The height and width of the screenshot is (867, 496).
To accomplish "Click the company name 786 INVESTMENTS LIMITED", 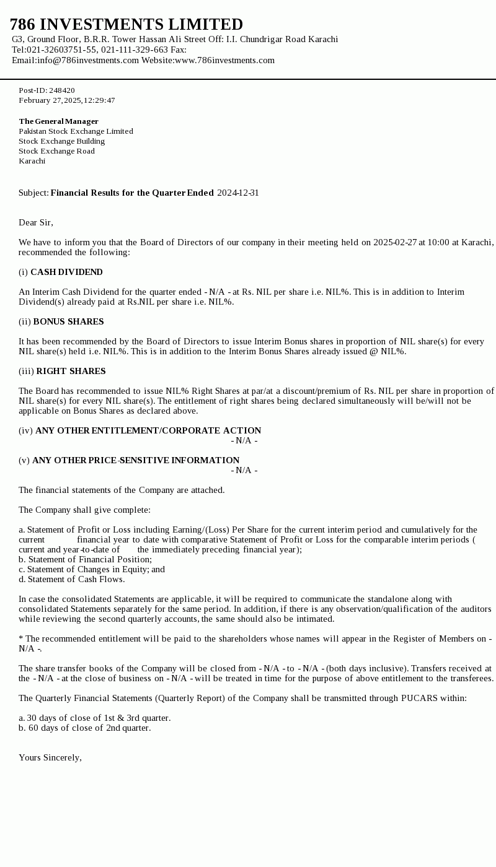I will click(x=126, y=25).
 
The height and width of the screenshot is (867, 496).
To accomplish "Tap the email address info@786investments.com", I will click(x=87, y=60).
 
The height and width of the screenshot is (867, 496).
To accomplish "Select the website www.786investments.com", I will click(x=224, y=60).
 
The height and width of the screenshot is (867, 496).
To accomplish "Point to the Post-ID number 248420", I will click(x=62, y=90).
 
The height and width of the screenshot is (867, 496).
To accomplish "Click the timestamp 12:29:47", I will click(x=99, y=100).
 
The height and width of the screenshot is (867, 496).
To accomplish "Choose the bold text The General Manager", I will click(x=58, y=121).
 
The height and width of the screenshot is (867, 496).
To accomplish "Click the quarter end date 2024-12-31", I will click(x=238, y=193).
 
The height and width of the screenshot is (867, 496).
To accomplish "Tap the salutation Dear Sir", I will click(x=35, y=222).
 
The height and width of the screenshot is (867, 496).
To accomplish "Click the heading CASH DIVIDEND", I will click(x=66, y=272).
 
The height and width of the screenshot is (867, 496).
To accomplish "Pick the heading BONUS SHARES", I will click(x=68, y=321).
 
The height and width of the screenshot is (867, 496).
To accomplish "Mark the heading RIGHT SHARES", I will click(x=71, y=371).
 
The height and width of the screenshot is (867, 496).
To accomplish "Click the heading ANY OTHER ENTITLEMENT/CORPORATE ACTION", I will click(x=148, y=430).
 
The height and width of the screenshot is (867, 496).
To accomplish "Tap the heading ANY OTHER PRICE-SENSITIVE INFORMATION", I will click(x=136, y=460).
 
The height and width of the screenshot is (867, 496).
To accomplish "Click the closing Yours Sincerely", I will click(x=50, y=757).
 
